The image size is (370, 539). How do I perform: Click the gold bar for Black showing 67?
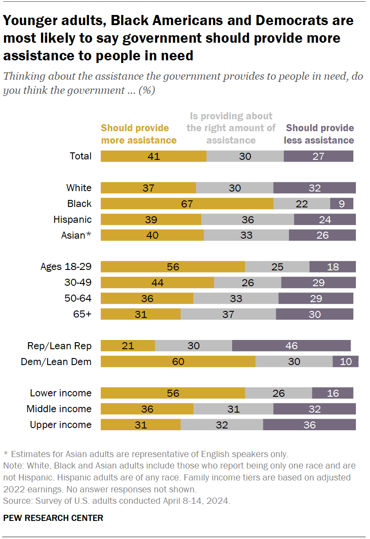click(187, 203)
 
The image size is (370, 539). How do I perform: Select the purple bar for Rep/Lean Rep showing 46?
click(291, 346)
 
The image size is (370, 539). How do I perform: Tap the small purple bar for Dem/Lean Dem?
click(345, 362)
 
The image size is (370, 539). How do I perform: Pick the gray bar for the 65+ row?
click(228, 314)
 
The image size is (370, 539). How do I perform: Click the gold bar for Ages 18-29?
click(173, 267)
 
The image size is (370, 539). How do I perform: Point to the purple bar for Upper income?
click(309, 425)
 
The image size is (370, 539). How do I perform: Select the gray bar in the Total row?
click(245, 156)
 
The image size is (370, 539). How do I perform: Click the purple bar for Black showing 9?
click(343, 203)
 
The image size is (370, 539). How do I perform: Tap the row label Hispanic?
click(72, 219)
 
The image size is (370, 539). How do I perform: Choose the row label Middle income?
click(59, 409)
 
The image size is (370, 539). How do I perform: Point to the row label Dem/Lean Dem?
click(56, 362)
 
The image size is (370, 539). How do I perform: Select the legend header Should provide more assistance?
click(138, 134)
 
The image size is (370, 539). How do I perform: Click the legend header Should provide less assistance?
click(319, 134)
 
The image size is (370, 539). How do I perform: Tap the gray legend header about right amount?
click(231, 128)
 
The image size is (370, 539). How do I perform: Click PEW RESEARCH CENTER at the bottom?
click(53, 518)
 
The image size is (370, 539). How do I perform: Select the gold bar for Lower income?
click(173, 393)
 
